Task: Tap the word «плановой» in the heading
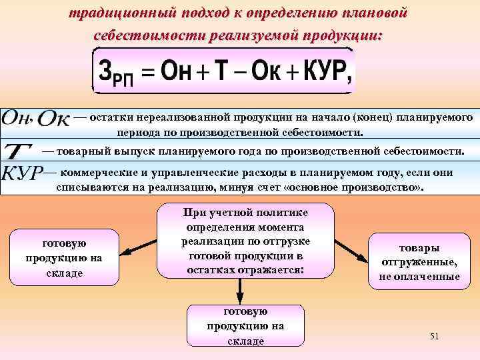pos(375,13)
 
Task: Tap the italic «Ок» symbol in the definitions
pos(53,118)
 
